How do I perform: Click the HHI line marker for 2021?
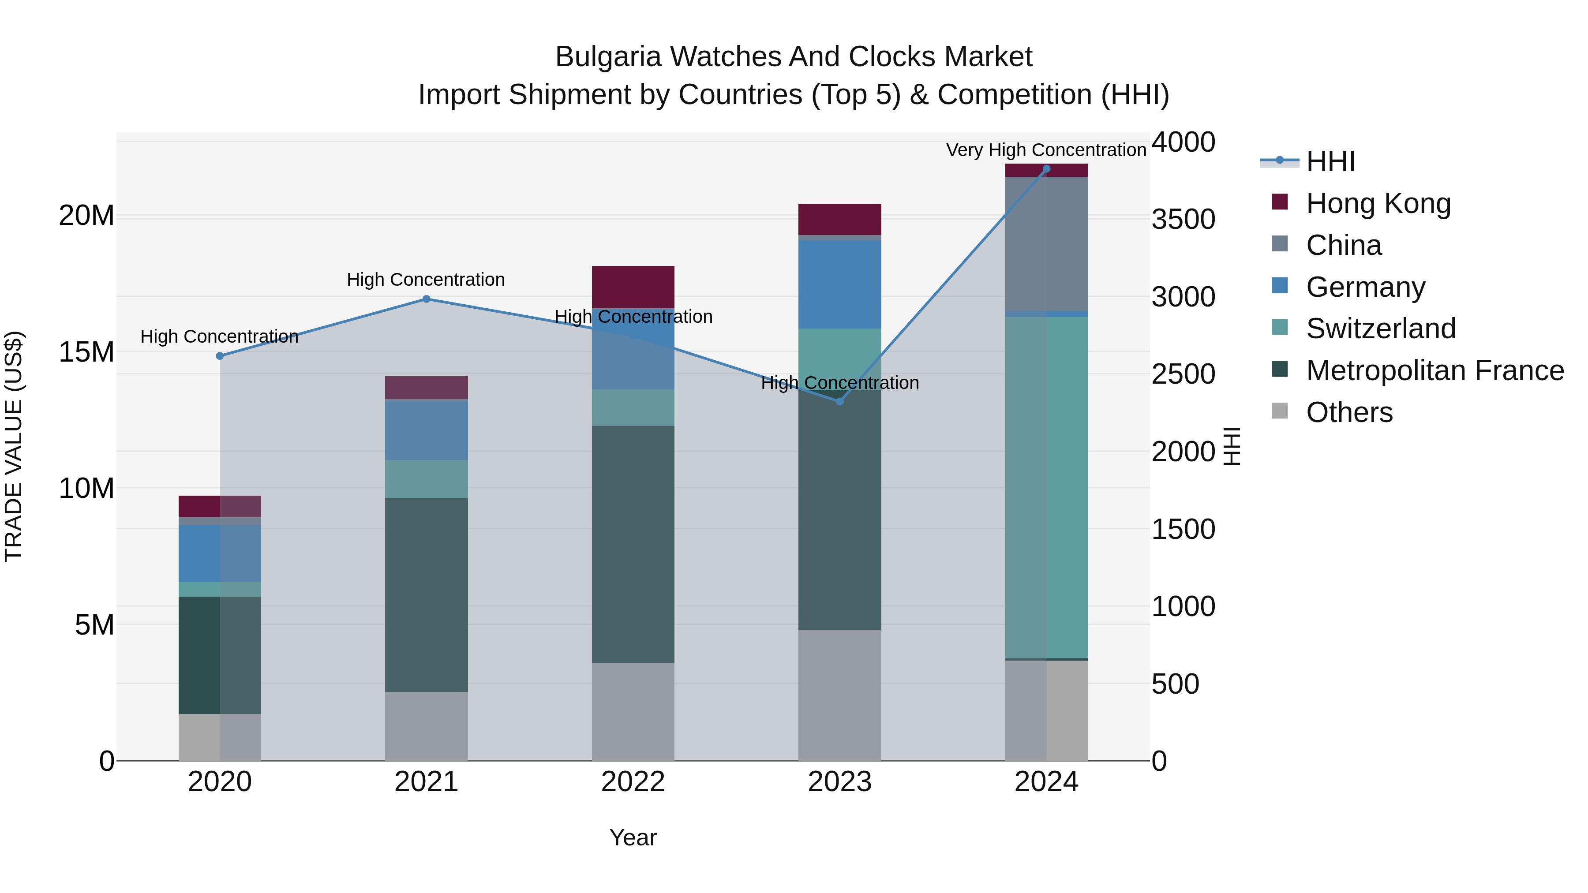426,299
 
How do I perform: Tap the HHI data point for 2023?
839,401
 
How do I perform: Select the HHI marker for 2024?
1046,169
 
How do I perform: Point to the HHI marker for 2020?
220,355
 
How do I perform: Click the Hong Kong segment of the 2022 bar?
633,287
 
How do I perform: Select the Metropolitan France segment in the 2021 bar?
426,595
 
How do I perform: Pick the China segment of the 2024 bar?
1046,243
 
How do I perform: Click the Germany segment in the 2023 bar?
839,284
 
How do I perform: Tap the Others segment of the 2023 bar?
839,695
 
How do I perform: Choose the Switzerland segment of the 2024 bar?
1046,487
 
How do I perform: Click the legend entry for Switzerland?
1380,329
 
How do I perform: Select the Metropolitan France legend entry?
1434,370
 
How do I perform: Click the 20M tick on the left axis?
86,216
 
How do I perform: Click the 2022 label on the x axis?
633,782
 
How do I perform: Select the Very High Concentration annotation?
1046,150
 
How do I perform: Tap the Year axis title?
633,837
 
